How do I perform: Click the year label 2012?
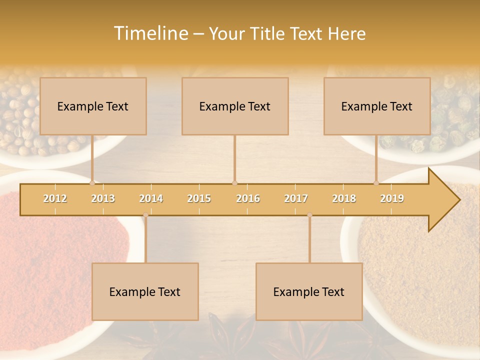(55, 198)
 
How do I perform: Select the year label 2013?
(103, 198)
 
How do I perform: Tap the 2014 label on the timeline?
(151, 198)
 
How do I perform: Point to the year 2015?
(199, 198)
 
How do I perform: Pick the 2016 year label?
(248, 198)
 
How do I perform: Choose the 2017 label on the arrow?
(296, 198)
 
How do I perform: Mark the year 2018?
(344, 198)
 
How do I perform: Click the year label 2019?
(392, 198)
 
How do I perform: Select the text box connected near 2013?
(93, 106)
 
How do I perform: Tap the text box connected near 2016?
(235, 106)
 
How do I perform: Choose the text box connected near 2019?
(377, 106)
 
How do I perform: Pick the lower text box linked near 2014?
(145, 291)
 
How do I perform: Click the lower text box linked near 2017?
(309, 291)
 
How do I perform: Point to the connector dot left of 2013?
(92, 183)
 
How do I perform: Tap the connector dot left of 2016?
(234, 183)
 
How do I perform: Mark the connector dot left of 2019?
(376, 183)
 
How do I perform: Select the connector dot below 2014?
(145, 215)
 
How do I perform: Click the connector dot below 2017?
(309, 215)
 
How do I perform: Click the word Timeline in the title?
(150, 33)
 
